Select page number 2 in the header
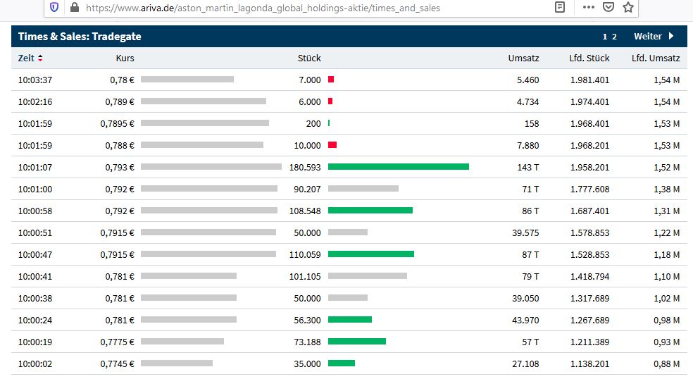click(x=614, y=37)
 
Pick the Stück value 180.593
click(x=305, y=167)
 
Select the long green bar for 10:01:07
click(x=398, y=167)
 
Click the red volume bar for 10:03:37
click(x=331, y=80)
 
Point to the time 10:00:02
click(x=35, y=364)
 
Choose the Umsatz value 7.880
click(x=527, y=145)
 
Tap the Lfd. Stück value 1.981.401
click(x=589, y=80)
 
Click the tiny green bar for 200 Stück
click(x=329, y=123)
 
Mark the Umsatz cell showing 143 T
click(x=528, y=167)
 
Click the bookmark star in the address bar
click(x=628, y=8)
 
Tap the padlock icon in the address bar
click(x=75, y=8)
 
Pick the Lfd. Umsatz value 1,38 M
click(x=666, y=189)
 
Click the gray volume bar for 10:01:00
click(x=363, y=189)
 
